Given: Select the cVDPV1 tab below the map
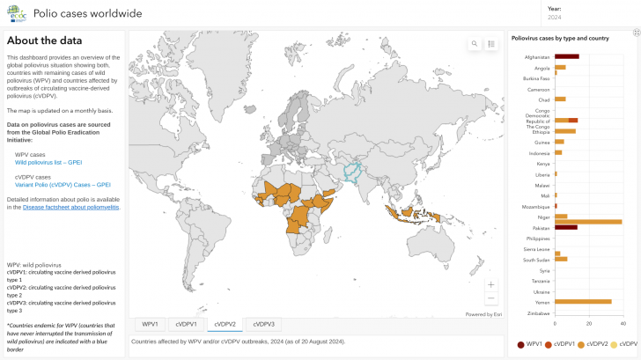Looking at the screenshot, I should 186,324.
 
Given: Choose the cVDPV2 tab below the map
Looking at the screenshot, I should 225,324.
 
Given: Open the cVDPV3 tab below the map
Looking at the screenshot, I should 263,324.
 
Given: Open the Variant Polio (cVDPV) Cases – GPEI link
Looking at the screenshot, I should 63,185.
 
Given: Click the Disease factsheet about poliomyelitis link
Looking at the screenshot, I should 71,207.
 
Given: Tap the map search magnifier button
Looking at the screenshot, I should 475,43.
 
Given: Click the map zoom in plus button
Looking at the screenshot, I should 491,284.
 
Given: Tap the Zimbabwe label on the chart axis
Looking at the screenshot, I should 538,312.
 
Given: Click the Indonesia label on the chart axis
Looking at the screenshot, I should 539,153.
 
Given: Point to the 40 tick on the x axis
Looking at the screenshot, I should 622,323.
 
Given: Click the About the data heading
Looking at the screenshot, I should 45,40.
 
